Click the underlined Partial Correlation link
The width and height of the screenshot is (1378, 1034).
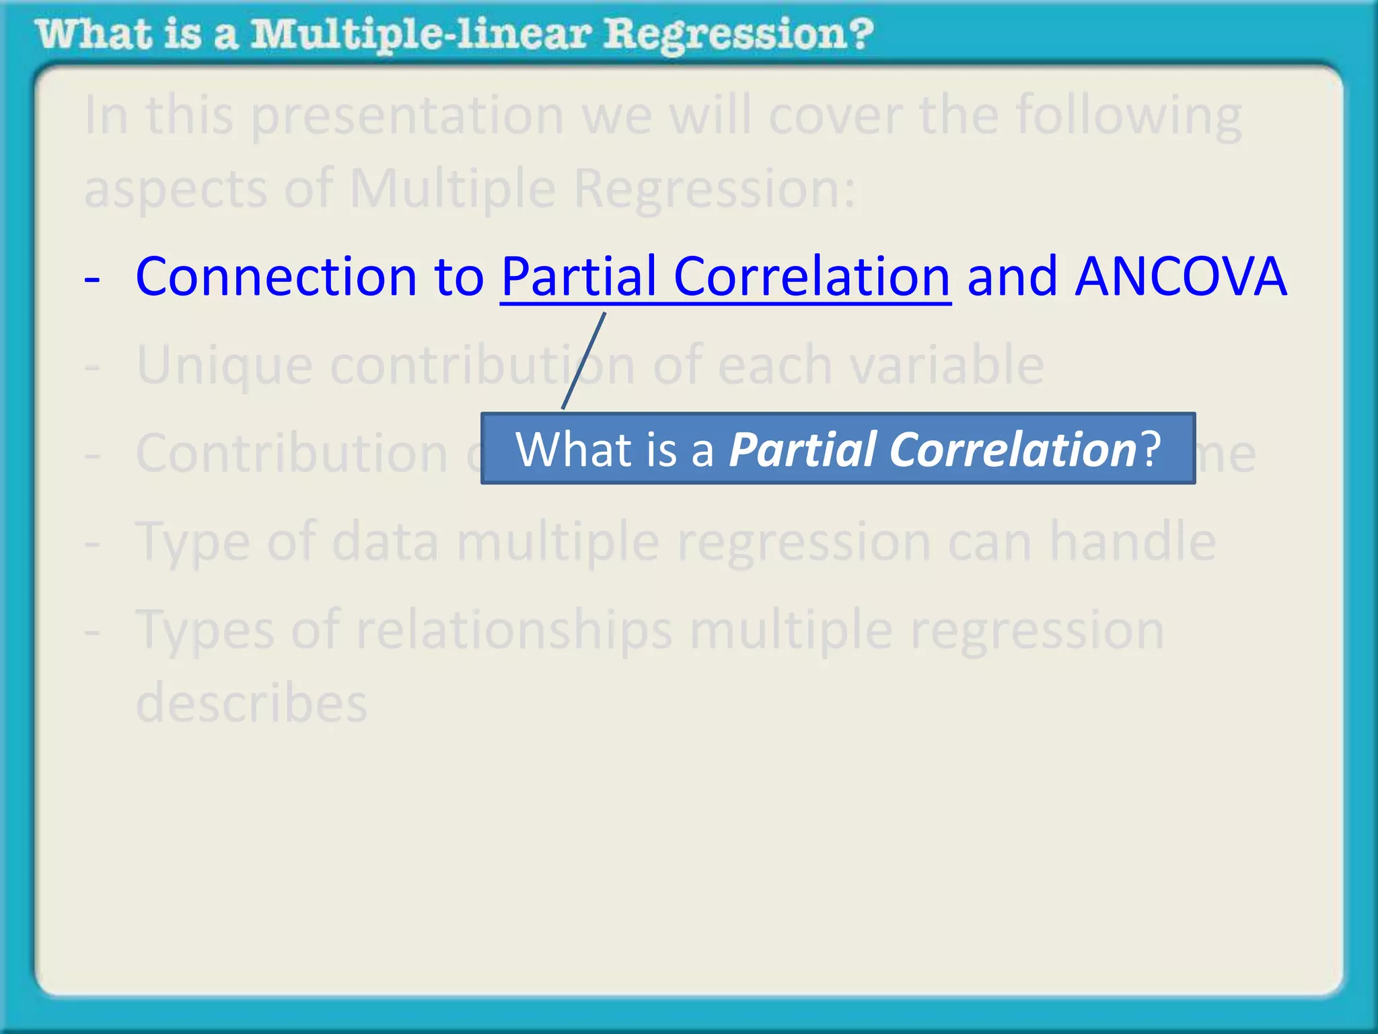pos(725,277)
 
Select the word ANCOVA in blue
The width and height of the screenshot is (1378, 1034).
pos(1181,277)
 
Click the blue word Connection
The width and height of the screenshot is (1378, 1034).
pos(276,277)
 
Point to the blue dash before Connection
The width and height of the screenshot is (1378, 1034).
pos(92,278)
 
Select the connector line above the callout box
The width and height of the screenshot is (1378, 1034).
pos(584,361)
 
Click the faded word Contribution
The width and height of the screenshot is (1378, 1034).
pos(291,453)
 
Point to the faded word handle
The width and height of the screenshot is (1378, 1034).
pos(1133,541)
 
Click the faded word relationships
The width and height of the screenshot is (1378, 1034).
pos(514,630)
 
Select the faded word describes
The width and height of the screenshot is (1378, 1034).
pos(251,703)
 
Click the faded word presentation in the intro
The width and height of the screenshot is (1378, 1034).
pos(408,116)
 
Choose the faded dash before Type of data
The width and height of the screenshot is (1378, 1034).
pos(92,543)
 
